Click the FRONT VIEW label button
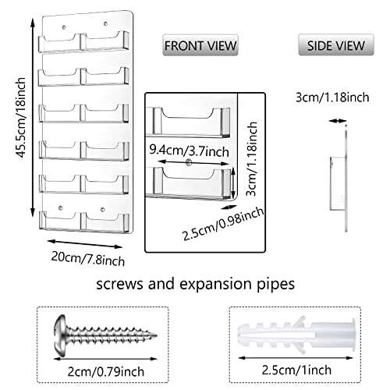(x=200, y=45)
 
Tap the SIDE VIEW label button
(x=336, y=45)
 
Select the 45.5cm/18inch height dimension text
(x=21, y=117)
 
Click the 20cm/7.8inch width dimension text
(x=88, y=259)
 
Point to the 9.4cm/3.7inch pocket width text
(x=189, y=151)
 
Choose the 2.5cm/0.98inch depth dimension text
(x=223, y=224)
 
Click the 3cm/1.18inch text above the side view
(x=332, y=97)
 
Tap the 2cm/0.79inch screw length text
(x=106, y=371)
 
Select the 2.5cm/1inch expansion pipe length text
(x=296, y=370)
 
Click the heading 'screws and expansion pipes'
(x=196, y=284)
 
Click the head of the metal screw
(x=60, y=335)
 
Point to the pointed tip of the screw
(x=156, y=335)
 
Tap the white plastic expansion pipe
(x=296, y=335)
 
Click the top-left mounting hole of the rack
(x=64, y=27)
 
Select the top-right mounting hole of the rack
(x=105, y=24)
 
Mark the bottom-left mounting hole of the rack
(x=61, y=208)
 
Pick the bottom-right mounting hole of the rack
(x=103, y=209)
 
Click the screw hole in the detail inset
(x=189, y=163)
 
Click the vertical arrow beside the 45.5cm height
(x=33, y=117)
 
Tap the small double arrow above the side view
(x=338, y=121)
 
